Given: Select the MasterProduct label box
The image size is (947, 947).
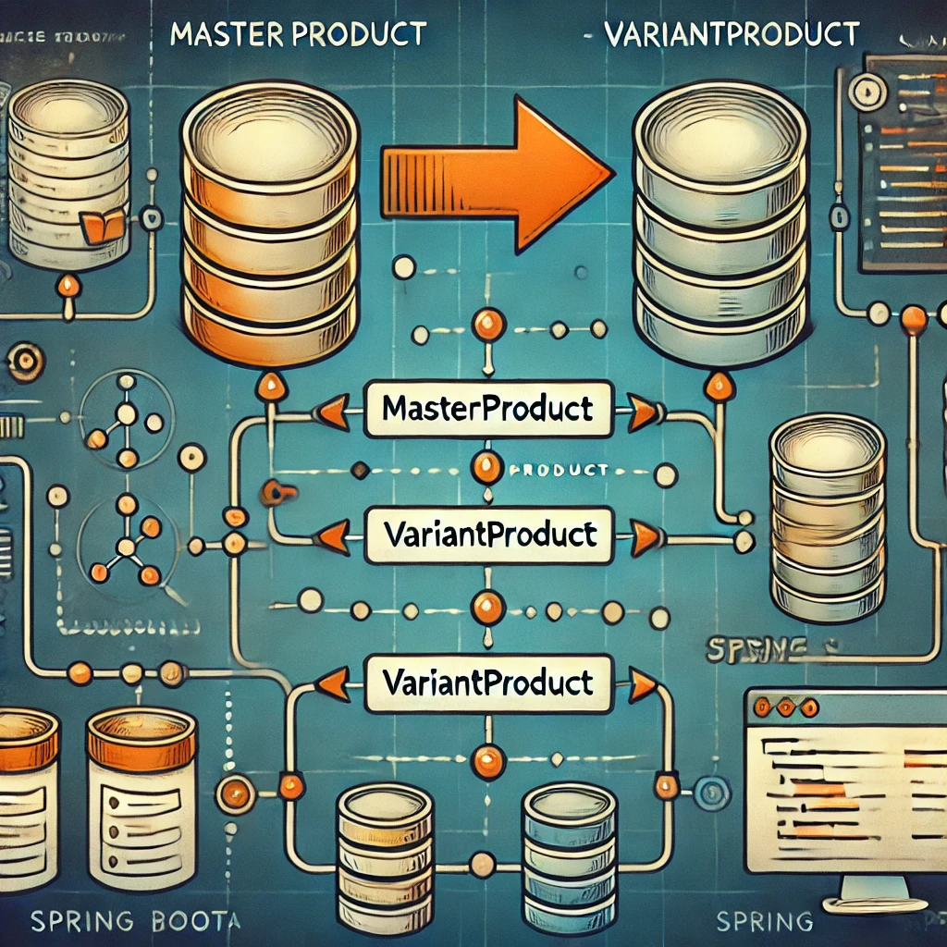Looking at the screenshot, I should coord(487,408).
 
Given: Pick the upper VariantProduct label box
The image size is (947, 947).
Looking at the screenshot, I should coord(487,535).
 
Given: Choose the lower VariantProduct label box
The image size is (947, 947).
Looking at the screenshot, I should coord(487,683).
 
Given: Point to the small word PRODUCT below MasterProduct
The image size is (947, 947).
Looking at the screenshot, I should coord(560,470).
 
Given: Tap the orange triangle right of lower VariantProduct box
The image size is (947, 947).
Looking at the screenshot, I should coord(643,685).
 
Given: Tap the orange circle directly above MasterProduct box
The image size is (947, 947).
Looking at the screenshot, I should coord(486,326).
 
